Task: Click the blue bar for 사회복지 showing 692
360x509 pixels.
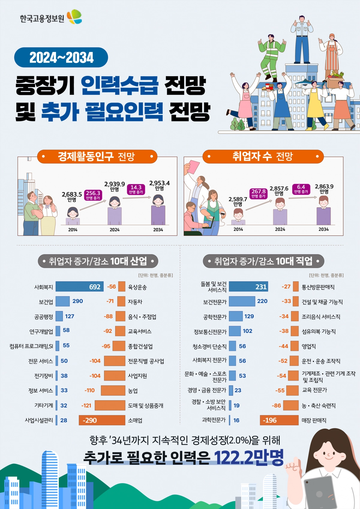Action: pos(79,287)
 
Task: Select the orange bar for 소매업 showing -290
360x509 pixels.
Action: pos(102,420)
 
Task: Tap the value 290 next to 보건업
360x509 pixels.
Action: pos(78,301)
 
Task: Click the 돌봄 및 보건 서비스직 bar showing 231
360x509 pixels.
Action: pos(248,287)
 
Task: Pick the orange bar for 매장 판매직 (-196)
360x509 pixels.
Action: pos(279,420)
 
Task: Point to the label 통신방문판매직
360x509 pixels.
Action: pos(318,287)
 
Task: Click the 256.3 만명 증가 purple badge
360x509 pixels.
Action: pos(93,195)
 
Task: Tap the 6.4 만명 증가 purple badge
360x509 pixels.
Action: pos(301,189)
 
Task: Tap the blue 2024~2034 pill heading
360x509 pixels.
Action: pos(61,57)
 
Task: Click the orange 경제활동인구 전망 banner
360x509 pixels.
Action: pos(97,156)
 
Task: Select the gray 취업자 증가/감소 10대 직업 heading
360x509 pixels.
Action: pos(263,261)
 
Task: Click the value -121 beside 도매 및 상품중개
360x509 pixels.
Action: pos(86,405)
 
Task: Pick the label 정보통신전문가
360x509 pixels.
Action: pos(210,332)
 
